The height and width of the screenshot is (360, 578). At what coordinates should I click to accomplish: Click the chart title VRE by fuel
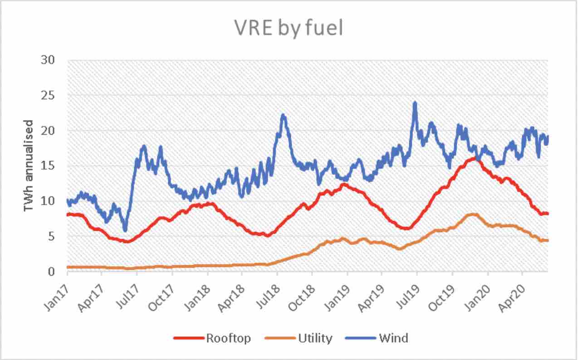[289, 28]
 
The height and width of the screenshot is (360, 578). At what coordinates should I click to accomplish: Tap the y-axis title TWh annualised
[28, 165]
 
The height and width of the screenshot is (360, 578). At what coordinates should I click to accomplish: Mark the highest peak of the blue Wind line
[415, 103]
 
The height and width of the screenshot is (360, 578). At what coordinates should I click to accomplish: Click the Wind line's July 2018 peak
[283, 115]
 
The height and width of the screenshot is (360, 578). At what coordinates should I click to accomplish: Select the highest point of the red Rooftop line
[475, 158]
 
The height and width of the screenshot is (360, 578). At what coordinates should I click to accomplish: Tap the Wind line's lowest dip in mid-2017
[125, 230]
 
